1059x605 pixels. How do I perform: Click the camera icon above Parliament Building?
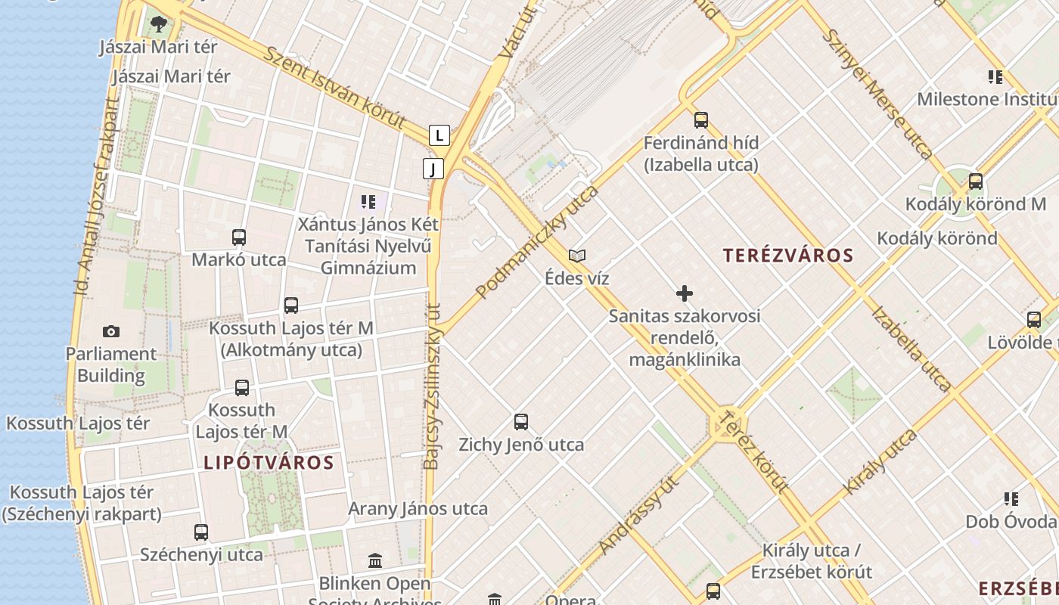point(111,331)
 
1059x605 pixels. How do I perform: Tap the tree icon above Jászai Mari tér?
point(158,24)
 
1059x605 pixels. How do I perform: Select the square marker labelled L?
point(439,135)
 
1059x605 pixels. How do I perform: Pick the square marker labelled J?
point(433,169)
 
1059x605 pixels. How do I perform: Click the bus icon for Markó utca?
point(239,237)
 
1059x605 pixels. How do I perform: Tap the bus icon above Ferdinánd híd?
point(701,119)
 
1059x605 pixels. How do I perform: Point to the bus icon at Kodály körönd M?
point(976,181)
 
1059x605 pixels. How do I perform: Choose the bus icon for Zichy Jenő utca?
point(521,422)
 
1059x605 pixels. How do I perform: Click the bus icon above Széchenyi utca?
point(201,532)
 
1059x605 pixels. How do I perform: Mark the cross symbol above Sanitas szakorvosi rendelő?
point(685,293)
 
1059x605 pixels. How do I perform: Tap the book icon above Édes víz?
point(577,256)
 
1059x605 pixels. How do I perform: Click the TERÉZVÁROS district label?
point(788,256)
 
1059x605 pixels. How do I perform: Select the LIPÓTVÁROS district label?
point(269,463)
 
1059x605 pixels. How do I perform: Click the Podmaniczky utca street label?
point(537,241)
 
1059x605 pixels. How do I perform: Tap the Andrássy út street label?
point(638,514)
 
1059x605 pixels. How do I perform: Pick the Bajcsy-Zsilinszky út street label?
point(432,386)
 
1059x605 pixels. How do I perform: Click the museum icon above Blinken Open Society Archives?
point(375,561)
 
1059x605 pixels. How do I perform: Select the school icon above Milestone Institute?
point(995,76)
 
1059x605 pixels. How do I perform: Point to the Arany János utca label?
point(418,509)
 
